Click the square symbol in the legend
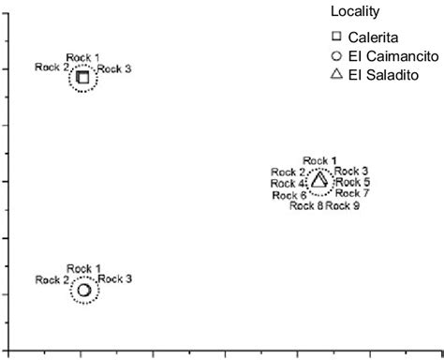coord(336,37)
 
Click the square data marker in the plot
coord(82,77)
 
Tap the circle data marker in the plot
coord(83,290)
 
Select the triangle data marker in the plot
coord(318,180)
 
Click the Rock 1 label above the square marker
coord(83,57)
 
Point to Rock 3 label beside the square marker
coord(115,68)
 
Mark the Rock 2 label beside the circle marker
coord(52,279)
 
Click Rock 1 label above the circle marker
coord(84,269)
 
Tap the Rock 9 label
coord(343,206)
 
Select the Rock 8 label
coord(306,206)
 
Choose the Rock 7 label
coord(352,193)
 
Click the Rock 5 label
coord(353,182)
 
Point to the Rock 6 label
coord(289,195)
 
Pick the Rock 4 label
coord(289,184)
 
